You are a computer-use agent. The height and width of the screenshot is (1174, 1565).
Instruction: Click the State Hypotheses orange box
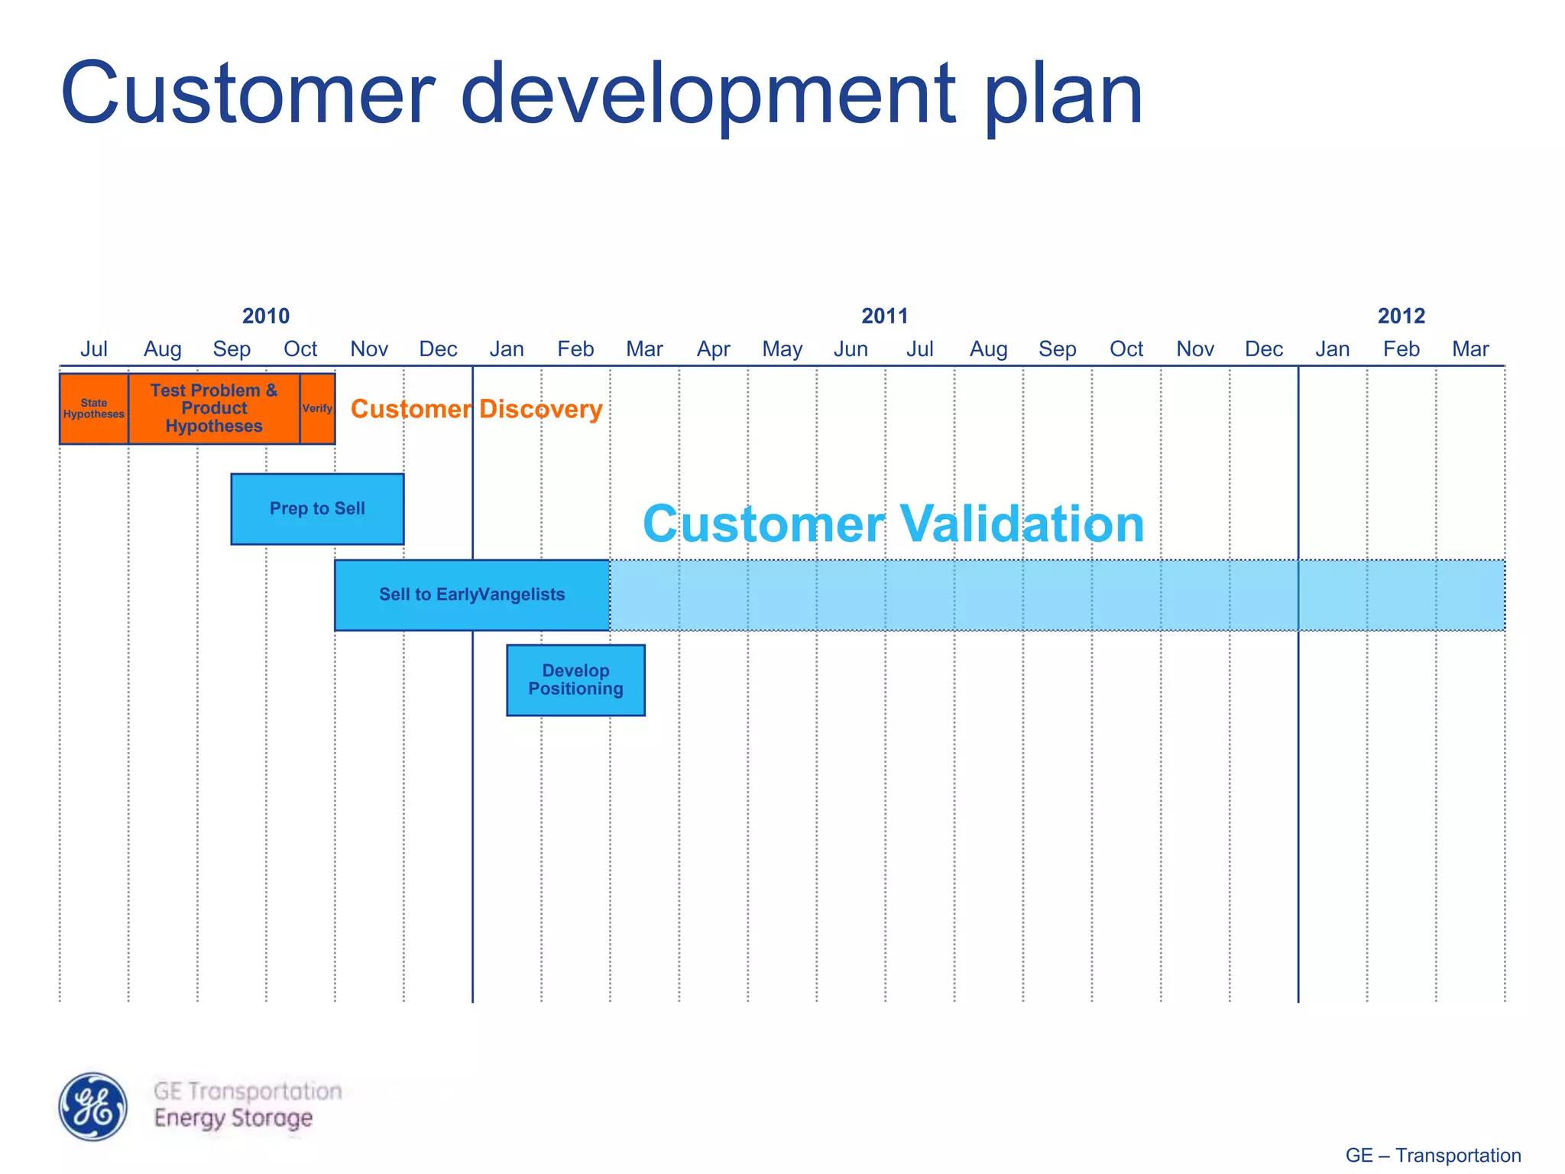pos(93,408)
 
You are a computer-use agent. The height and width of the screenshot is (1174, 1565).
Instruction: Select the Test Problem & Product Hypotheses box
pos(214,408)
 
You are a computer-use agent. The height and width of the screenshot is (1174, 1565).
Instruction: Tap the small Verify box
pos(317,408)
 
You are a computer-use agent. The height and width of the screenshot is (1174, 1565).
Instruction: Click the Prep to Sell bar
pos(317,509)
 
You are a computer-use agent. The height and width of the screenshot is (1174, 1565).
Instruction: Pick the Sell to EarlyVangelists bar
pos(471,595)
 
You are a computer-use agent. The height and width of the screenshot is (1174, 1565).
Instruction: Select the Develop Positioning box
pos(575,680)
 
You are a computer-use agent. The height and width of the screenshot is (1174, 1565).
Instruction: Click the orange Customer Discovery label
pos(476,410)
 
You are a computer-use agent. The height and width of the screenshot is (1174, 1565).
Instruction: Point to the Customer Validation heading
pos(893,524)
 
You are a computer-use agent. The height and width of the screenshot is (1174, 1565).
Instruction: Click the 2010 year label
pos(265,316)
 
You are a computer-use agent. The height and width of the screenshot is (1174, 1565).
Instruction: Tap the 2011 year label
pos(884,316)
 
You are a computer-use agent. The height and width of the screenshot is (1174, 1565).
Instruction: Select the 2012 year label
pos(1401,316)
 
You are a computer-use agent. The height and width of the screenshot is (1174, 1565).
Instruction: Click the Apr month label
pos(713,349)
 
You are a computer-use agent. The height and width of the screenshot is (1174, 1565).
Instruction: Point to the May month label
pos(782,349)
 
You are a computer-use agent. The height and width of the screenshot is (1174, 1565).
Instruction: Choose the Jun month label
pos(851,349)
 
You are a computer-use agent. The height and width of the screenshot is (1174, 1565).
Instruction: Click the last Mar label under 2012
pos(1470,349)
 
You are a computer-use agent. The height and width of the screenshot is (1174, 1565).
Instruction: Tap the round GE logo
pos(93,1106)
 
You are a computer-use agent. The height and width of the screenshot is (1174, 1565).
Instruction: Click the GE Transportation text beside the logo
pos(248,1091)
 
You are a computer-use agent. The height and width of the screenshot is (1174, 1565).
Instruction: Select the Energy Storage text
pos(233,1118)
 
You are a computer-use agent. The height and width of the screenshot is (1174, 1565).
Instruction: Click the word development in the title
pos(708,95)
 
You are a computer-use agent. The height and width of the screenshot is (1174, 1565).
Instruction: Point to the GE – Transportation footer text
pos(1433,1155)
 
